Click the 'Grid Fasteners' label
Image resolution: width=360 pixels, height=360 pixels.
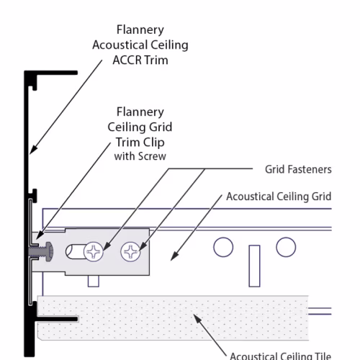click(x=298, y=169)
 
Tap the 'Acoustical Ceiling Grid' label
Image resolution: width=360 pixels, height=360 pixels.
click(x=279, y=197)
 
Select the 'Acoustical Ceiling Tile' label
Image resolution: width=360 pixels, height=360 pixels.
click(x=280, y=356)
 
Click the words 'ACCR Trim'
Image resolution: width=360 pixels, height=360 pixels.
click(x=140, y=60)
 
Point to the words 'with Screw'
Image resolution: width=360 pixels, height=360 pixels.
click(x=140, y=156)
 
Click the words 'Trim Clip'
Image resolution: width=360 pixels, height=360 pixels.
click(x=140, y=143)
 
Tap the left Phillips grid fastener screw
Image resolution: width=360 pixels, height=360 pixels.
click(x=94, y=251)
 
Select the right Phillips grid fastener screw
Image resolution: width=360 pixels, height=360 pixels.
click(x=130, y=251)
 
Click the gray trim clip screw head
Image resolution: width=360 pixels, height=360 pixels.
click(x=49, y=252)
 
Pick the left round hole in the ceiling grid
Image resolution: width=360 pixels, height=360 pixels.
click(x=223, y=247)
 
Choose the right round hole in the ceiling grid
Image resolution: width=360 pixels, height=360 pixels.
click(x=286, y=247)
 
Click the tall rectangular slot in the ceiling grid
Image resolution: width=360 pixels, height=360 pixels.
click(x=254, y=266)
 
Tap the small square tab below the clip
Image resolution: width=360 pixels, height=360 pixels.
click(x=94, y=281)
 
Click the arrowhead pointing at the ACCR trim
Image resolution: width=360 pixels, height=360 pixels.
click(x=34, y=150)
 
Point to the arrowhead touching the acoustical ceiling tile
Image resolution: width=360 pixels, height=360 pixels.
click(x=197, y=319)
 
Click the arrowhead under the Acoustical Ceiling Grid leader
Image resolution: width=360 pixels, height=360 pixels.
click(x=175, y=256)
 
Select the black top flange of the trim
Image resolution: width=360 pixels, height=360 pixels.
click(x=51, y=73)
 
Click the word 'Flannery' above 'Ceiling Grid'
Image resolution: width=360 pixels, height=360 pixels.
click(x=140, y=112)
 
